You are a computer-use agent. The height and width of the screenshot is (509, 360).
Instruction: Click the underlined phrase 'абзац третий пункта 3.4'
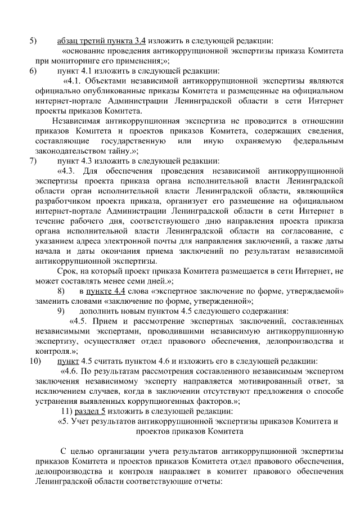[x=102, y=40]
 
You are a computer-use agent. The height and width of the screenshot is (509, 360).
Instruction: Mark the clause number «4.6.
[x=70, y=371]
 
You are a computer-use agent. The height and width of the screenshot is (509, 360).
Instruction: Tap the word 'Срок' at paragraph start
[x=67, y=271]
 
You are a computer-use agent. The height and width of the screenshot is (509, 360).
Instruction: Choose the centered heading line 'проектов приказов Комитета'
[x=190, y=431]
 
